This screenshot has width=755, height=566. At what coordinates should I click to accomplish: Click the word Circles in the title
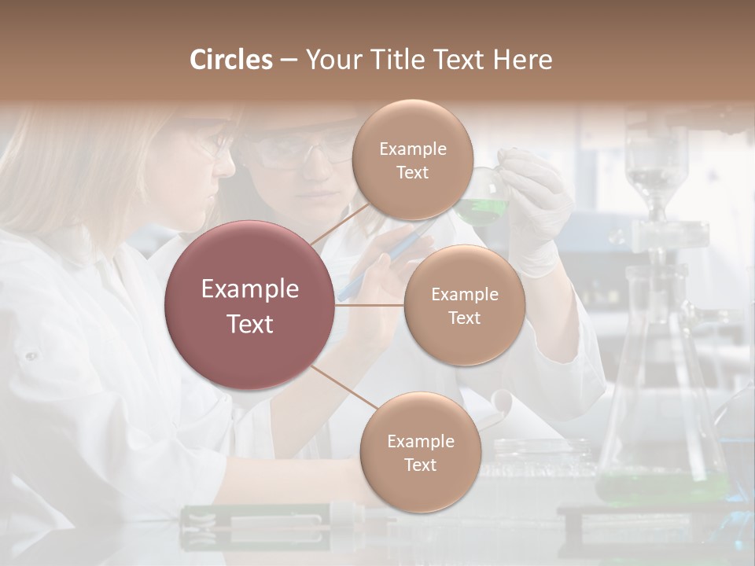(x=230, y=60)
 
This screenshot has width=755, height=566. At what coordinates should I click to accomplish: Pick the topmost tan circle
(x=412, y=160)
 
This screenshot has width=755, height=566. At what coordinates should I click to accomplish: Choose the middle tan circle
(x=464, y=305)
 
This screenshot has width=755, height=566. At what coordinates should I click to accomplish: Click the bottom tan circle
(x=420, y=452)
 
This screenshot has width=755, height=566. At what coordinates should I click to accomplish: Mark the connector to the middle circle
(x=370, y=305)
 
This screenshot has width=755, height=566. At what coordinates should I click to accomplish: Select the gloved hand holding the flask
(x=539, y=204)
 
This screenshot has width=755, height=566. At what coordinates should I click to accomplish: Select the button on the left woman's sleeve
(x=31, y=356)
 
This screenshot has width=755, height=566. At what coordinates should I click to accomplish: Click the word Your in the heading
(x=331, y=60)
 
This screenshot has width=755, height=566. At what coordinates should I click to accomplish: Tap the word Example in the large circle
(x=250, y=289)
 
